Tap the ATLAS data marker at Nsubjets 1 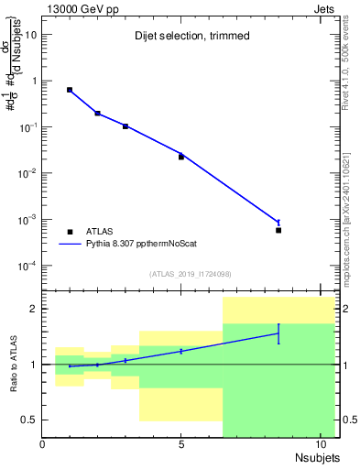coord(70,90)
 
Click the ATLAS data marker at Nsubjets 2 coord(97,114)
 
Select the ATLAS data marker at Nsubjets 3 coord(125,126)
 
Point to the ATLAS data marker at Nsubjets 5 coord(181,157)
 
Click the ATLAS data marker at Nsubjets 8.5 coord(278,230)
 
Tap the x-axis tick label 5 coord(181,445)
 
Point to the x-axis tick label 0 coord(42,445)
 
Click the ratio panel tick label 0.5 coord(29,420)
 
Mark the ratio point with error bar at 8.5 coord(278,333)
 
